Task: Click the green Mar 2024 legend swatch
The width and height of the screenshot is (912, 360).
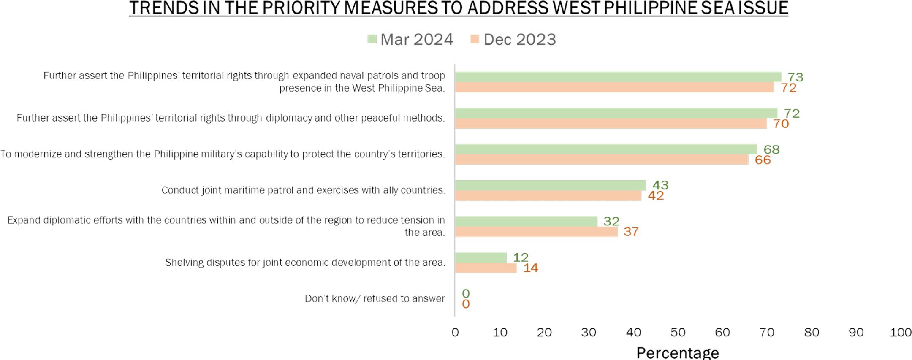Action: (372, 39)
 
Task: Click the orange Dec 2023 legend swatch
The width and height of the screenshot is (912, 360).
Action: (475, 39)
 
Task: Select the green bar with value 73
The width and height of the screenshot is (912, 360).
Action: (618, 77)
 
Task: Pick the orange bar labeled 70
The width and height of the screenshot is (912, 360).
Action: (611, 124)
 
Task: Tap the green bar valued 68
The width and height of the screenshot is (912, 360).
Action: (606, 149)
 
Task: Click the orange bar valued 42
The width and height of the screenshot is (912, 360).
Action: (548, 196)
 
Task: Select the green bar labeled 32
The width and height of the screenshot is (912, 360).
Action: (526, 221)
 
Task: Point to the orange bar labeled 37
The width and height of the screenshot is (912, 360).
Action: (536, 232)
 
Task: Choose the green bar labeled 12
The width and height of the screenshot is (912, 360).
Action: (480, 257)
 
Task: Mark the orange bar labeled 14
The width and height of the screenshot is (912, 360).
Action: (486, 268)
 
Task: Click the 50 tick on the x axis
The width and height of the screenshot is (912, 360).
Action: (678, 333)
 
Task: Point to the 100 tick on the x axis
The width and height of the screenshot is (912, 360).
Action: (900, 333)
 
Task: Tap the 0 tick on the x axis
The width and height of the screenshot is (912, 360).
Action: (455, 333)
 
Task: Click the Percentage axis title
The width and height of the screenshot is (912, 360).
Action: (677, 352)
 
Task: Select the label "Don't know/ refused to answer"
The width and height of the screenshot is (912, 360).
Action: (375, 299)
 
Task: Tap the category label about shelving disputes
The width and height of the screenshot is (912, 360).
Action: (305, 263)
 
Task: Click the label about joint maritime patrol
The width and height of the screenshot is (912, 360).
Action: (303, 190)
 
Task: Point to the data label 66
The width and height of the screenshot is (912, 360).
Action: (763, 160)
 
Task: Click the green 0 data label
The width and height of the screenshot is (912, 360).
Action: (466, 293)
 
